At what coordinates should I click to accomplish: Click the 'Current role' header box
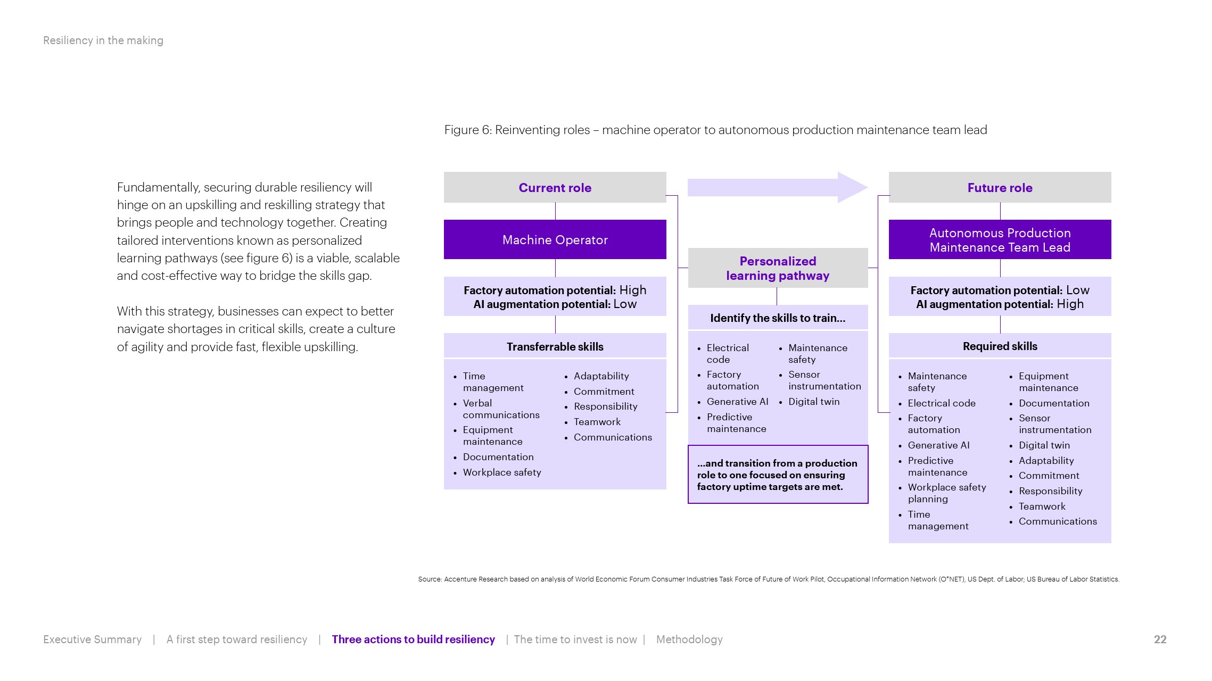point(555,187)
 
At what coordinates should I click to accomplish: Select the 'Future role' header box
point(1000,187)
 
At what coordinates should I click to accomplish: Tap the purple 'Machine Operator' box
point(555,239)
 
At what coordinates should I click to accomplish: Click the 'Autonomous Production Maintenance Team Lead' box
point(1000,239)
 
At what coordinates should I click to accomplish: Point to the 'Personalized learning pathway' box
point(778,268)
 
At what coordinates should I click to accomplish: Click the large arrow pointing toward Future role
point(778,187)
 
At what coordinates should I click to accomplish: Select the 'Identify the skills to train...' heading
point(778,318)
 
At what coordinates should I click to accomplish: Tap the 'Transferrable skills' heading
point(555,346)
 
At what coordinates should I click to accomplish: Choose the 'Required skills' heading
point(1000,346)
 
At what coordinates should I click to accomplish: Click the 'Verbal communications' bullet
point(500,409)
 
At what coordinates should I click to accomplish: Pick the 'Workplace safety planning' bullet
point(946,493)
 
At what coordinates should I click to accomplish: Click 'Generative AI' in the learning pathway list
point(737,402)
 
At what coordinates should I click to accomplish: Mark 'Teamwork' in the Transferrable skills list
point(597,422)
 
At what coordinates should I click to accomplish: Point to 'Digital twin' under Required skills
point(1044,445)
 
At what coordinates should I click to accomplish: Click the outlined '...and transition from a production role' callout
point(778,475)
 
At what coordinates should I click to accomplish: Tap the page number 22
point(1160,639)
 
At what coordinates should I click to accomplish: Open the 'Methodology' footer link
point(689,639)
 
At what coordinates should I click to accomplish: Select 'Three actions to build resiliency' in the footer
point(413,639)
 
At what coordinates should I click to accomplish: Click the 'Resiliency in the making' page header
point(103,40)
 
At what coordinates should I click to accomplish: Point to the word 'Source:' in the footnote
point(430,579)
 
